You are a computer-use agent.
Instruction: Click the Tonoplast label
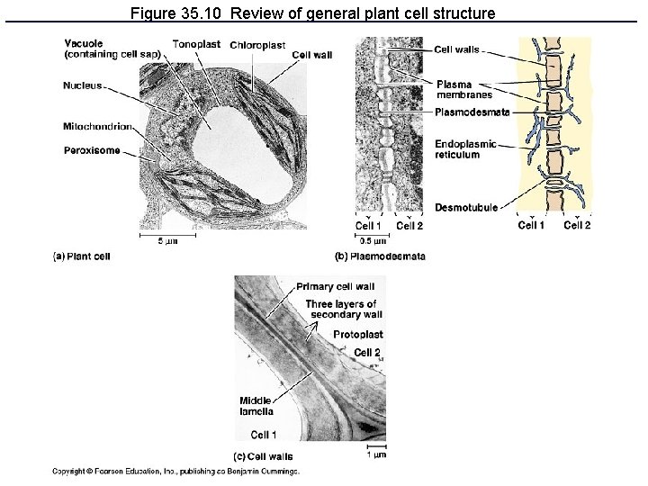coord(196,44)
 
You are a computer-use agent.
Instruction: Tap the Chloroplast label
coord(257,45)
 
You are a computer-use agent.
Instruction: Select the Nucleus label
coord(83,85)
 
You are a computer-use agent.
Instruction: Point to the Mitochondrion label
coord(98,126)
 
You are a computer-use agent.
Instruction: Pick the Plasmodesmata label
coord(472,112)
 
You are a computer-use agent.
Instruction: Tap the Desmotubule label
coord(466,208)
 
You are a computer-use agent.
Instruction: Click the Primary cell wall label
coord(335,287)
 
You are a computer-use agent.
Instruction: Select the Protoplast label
coord(357,335)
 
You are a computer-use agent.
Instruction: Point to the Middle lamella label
coord(256,406)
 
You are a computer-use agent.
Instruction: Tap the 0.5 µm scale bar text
coord(373,241)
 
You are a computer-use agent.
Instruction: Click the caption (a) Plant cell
coord(82,256)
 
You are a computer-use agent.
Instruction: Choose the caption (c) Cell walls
coord(262,456)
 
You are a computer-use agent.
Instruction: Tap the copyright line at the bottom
coord(175,471)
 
